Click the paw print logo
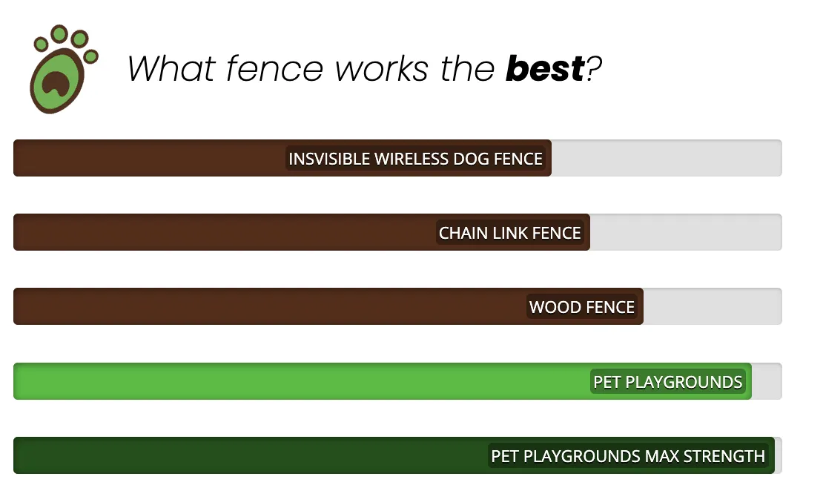(64, 69)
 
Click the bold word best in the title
(545, 69)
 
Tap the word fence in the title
(274, 69)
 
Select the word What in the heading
(171, 69)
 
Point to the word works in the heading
(382, 69)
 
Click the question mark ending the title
(594, 69)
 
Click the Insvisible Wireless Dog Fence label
(415, 159)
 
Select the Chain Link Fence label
(509, 233)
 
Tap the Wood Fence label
(581, 307)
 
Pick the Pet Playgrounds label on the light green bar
(667, 382)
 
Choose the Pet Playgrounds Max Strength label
(628, 456)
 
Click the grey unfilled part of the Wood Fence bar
(713, 306)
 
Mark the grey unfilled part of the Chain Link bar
(686, 232)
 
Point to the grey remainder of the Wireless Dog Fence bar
(667, 158)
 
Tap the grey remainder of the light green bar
(767, 381)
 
